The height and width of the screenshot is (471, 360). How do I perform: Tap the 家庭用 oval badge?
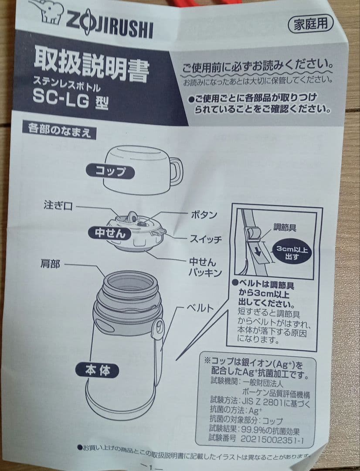310,24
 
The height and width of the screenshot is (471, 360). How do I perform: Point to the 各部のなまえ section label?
59,131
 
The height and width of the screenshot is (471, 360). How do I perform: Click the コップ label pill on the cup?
110,171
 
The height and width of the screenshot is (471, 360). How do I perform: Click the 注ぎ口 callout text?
58,205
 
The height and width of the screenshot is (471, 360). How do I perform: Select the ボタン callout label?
204,215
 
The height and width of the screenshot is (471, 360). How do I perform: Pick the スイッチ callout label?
206,239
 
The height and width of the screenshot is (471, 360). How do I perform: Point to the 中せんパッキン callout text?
205,267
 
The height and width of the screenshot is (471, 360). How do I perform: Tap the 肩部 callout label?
50,264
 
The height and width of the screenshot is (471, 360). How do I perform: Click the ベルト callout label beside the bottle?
200,308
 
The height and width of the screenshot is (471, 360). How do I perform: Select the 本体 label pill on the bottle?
97,370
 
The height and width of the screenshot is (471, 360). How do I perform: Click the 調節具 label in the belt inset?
285,227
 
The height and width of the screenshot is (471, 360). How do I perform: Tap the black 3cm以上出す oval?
292,253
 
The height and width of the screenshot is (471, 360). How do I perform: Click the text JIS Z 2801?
262,402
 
